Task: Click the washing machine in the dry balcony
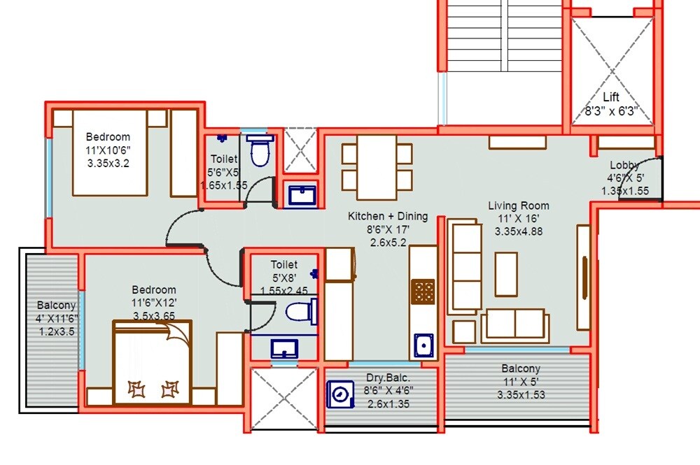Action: pyautogui.click(x=340, y=394)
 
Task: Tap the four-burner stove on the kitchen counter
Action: pyautogui.click(x=423, y=291)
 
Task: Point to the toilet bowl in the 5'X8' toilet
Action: pyautogui.click(x=302, y=311)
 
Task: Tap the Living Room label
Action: pyautogui.click(x=519, y=206)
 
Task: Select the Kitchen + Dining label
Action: pyautogui.click(x=388, y=217)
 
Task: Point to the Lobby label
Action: pyautogui.click(x=624, y=165)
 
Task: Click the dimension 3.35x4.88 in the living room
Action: pyautogui.click(x=519, y=231)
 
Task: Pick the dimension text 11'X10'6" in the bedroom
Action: pyautogui.click(x=108, y=150)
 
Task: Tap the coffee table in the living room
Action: pyautogui.click(x=506, y=274)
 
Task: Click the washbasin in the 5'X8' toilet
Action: pyautogui.click(x=284, y=348)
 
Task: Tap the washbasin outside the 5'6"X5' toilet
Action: pyautogui.click(x=302, y=194)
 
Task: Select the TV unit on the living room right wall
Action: pyautogui.click(x=582, y=277)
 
